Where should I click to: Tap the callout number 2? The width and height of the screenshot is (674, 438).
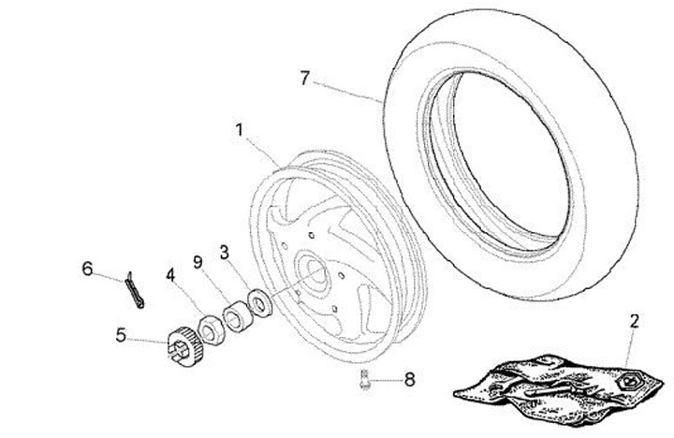point(634,322)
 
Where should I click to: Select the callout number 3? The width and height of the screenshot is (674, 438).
point(224,252)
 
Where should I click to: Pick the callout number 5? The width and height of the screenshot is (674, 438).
point(120,332)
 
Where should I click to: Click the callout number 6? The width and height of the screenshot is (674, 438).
point(87,270)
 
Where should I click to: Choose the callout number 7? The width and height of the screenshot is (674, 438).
point(304,78)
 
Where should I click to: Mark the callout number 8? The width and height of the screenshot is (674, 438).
point(409,379)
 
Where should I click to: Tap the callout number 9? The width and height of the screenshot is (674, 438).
point(197,263)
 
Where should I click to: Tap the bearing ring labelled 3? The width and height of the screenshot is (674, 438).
point(257,303)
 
